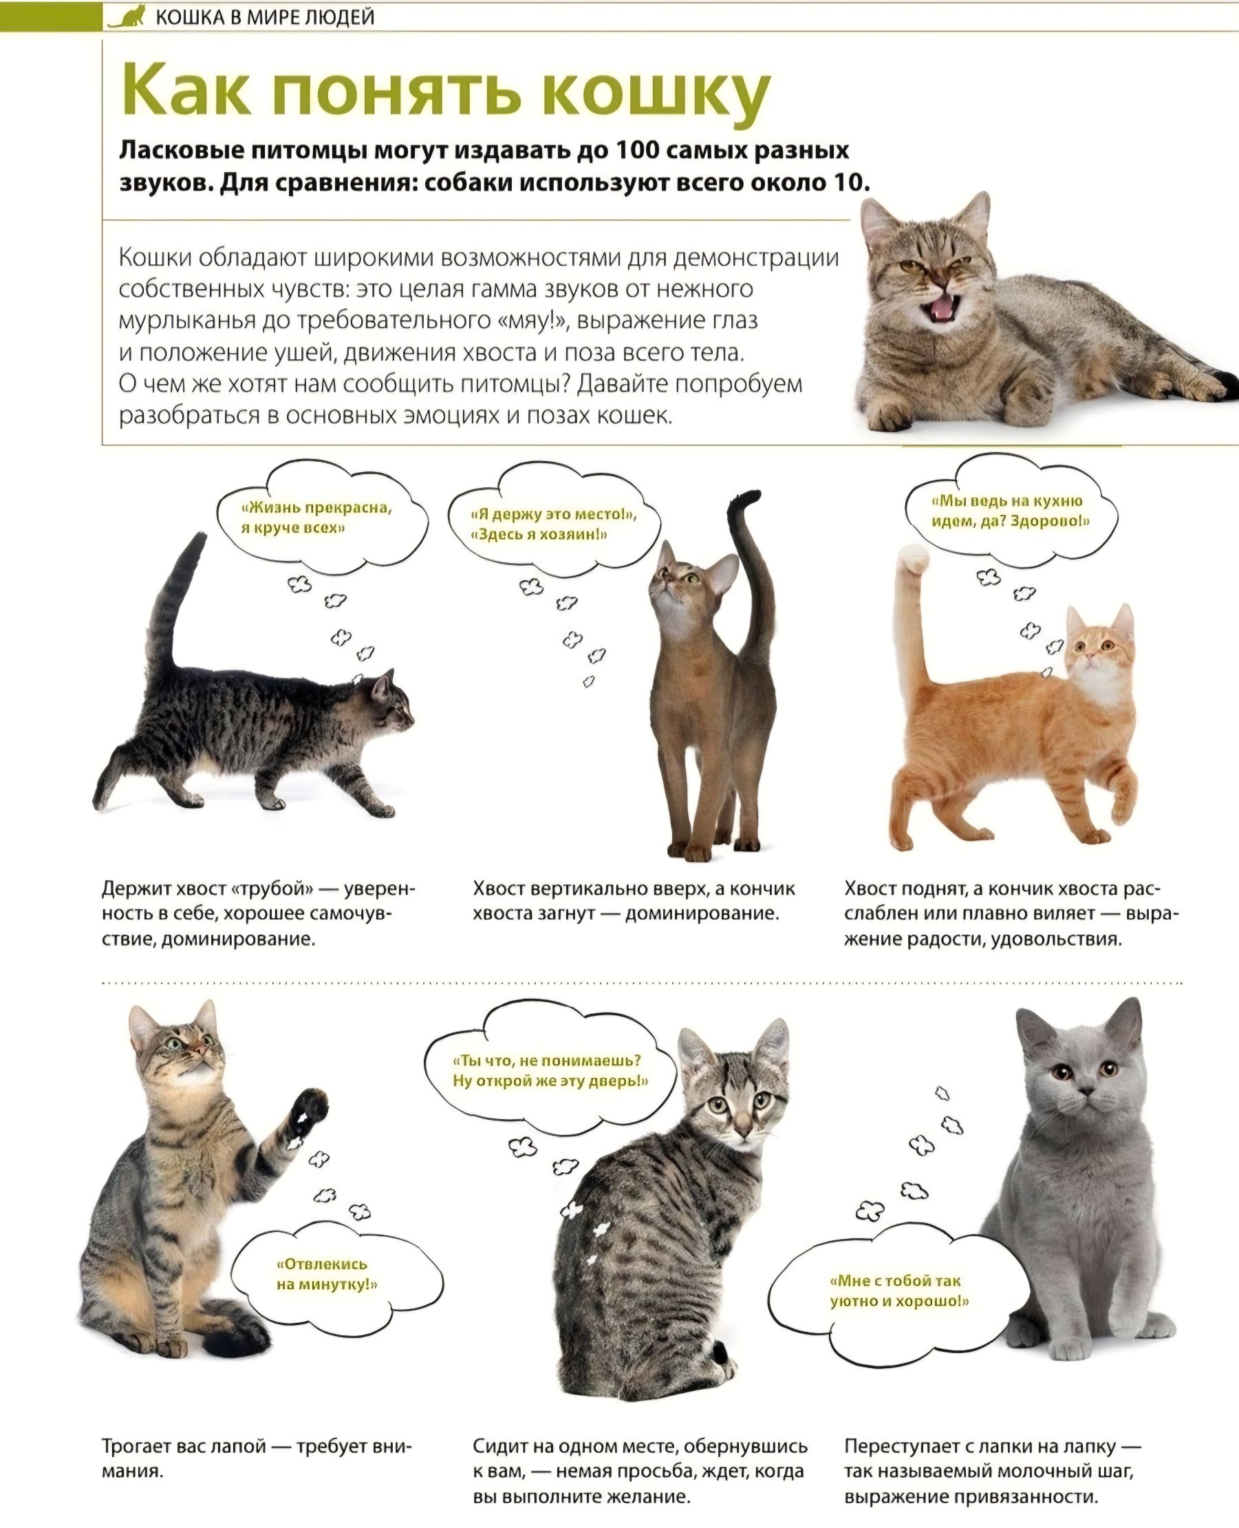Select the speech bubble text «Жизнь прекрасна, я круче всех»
coord(316,518)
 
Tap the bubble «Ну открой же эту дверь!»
coord(550,1082)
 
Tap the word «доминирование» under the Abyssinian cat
coord(702,913)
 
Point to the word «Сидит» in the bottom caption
coord(500,1446)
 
